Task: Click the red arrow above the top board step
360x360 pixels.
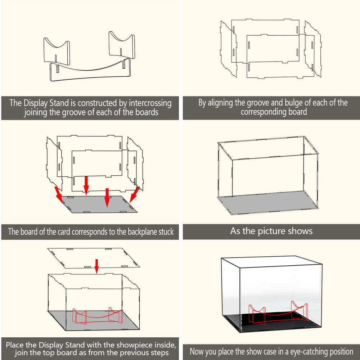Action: tap(96, 266)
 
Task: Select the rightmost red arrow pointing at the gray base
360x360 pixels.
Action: tap(135, 194)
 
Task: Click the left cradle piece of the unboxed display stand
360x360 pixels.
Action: tap(56, 51)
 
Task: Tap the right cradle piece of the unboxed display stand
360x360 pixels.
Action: tap(122, 45)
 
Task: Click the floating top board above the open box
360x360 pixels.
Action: tap(94, 258)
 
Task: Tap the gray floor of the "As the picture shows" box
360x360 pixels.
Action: tap(268, 202)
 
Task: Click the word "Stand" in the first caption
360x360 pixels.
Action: tap(59, 103)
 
